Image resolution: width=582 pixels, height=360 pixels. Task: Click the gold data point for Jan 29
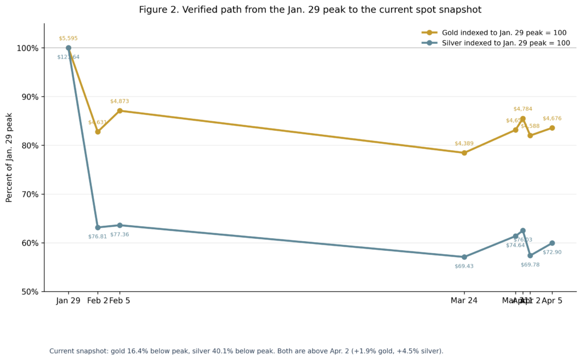68,48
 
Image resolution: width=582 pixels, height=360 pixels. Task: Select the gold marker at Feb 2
98,131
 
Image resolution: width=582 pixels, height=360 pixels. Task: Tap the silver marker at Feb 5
119,225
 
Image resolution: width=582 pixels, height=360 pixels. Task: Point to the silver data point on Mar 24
464,257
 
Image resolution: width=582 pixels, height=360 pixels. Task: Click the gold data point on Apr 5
552,128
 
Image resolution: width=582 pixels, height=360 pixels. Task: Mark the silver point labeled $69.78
530,255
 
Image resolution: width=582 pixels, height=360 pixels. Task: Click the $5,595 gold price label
68,39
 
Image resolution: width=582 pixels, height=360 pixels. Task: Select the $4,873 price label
119,101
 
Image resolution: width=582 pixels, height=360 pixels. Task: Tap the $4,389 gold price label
464,143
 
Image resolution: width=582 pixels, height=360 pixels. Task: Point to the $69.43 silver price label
464,266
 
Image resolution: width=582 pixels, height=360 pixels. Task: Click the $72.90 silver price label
552,252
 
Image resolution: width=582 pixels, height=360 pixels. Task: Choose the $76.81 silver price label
98,237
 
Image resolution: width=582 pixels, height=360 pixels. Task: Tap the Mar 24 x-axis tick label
464,300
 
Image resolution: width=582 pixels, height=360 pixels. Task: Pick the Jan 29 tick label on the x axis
68,300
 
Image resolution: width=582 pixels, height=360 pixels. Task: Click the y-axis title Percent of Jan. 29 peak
9,158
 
